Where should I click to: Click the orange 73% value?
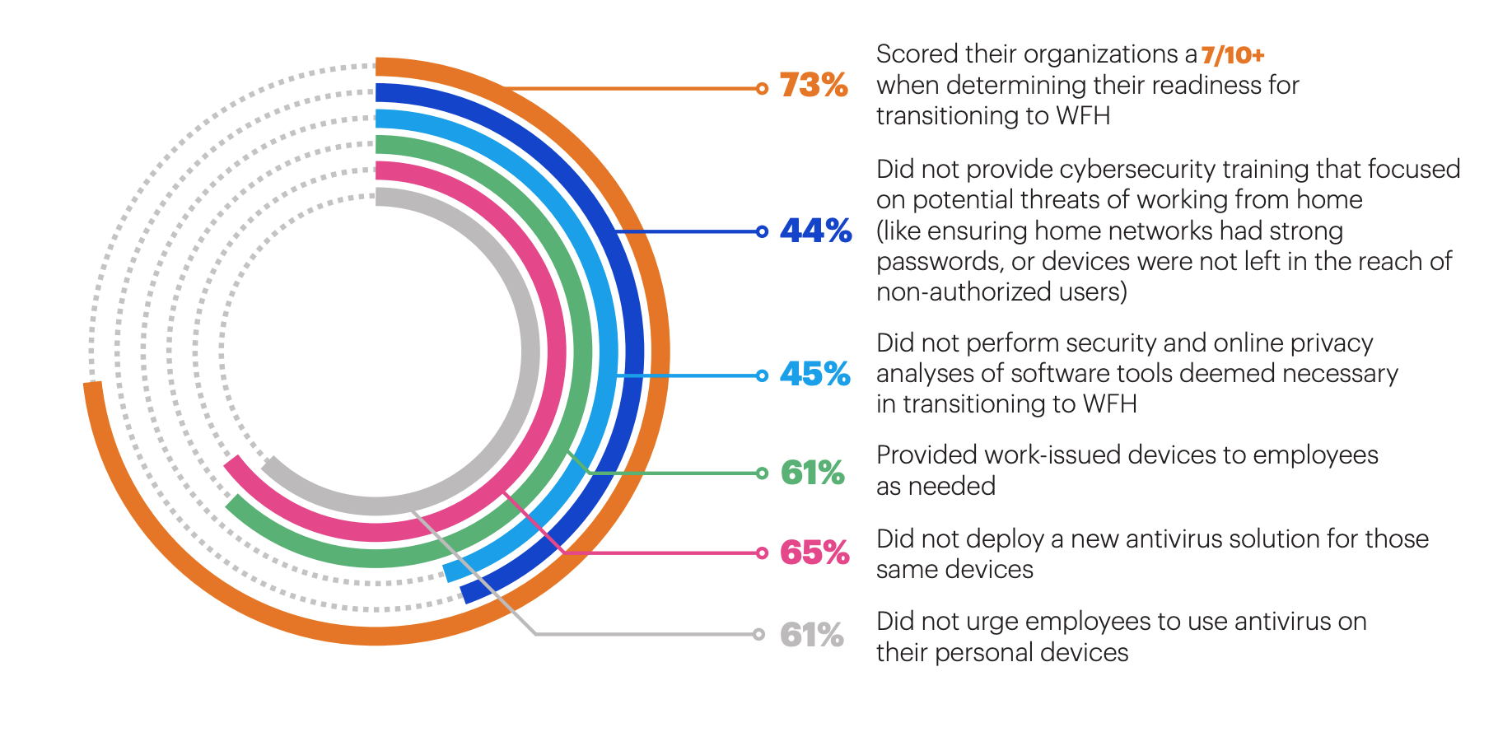pyautogui.click(x=813, y=86)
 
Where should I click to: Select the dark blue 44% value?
pyautogui.click(x=815, y=231)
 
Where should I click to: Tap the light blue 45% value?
pyautogui.click(x=814, y=375)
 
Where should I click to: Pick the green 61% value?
pyautogui.click(x=812, y=473)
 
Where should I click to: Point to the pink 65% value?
pyautogui.click(x=814, y=553)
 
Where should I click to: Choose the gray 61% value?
pyautogui.click(x=811, y=635)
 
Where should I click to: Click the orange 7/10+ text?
pyautogui.click(x=1232, y=55)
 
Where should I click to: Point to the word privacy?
pyautogui.click(x=1332, y=343)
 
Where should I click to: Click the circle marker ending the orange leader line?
pyautogui.click(x=762, y=88)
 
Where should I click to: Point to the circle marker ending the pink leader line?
pyautogui.click(x=762, y=553)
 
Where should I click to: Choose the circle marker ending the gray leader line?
pyautogui.click(x=759, y=634)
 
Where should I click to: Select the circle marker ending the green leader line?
pyautogui.click(x=762, y=473)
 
